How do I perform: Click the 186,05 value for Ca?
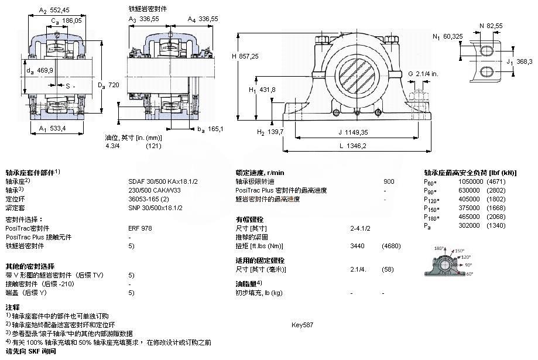point(71,20)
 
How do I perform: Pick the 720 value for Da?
point(114,85)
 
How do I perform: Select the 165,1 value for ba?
point(215,128)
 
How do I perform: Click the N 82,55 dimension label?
point(491,26)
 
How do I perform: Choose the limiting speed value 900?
point(389,181)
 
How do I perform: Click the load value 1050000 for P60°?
point(467,181)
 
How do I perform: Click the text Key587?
point(302,324)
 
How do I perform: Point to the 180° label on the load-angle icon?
point(436,249)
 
